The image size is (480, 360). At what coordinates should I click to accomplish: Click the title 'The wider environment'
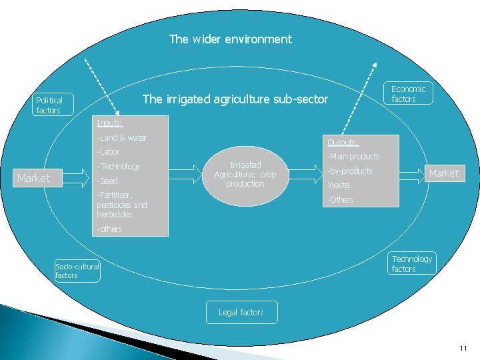click(x=230, y=39)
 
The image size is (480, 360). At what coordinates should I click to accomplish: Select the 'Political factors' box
click(x=48, y=105)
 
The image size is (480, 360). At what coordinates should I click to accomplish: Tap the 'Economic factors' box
click(x=408, y=94)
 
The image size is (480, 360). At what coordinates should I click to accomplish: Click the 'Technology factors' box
click(x=411, y=264)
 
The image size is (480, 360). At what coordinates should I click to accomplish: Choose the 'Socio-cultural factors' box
click(x=77, y=271)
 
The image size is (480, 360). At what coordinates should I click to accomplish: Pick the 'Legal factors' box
click(x=241, y=312)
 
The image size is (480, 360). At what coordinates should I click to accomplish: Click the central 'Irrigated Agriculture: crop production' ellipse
click(x=245, y=175)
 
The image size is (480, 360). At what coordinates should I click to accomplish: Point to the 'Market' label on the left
click(x=33, y=178)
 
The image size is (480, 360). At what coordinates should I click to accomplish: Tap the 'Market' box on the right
click(x=443, y=173)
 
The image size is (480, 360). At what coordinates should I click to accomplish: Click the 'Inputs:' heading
click(x=109, y=123)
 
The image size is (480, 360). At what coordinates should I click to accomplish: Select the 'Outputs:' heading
click(x=343, y=142)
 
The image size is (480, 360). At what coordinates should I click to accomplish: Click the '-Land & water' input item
click(x=121, y=138)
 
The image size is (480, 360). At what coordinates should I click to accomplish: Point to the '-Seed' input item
click(x=107, y=181)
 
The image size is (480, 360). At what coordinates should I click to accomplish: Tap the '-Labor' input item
click(x=108, y=152)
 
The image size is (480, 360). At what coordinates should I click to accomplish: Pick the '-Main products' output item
click(x=353, y=157)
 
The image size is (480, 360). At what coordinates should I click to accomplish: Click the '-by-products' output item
click(x=349, y=171)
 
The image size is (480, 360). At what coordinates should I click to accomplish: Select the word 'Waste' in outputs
click(x=338, y=185)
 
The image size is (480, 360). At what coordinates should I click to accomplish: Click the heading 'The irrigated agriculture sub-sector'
click(x=235, y=99)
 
